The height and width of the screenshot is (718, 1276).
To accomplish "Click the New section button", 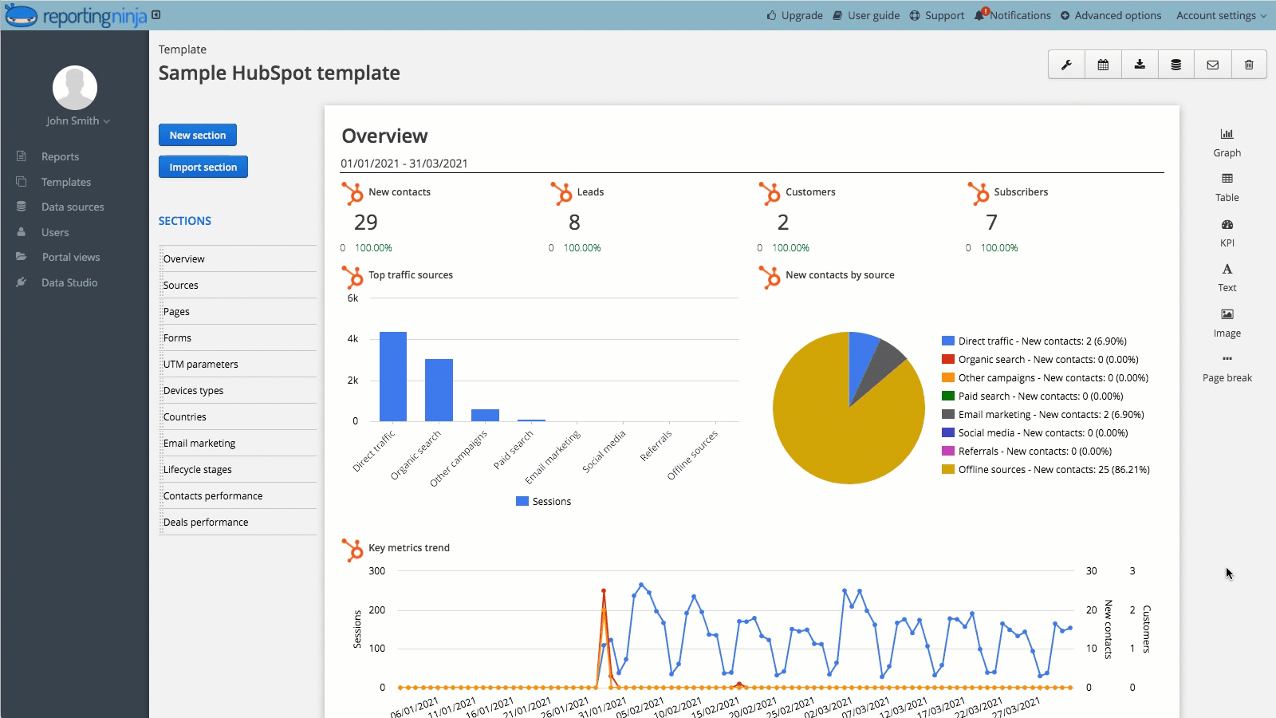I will pos(197,135).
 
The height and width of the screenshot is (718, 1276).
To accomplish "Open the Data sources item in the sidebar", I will pos(73,207).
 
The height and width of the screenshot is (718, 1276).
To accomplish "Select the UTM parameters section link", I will pos(201,364).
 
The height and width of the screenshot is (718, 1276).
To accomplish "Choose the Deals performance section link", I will pos(206,522).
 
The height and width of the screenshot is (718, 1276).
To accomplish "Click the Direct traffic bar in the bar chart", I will pos(393,377).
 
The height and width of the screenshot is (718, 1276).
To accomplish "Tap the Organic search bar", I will pos(439,390).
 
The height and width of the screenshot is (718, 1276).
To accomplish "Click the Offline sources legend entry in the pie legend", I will pos(1053,469).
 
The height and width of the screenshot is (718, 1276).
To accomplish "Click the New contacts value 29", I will pos(366,223).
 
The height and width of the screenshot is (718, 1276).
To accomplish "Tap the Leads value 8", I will pos(574,223).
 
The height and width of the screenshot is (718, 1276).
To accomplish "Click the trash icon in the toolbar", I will pos(1249,65).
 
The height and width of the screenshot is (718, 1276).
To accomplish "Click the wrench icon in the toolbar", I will pos(1066,65).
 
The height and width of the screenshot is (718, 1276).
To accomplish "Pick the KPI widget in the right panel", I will pos(1227,232).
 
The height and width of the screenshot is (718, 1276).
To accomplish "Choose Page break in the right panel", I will pos(1227,368).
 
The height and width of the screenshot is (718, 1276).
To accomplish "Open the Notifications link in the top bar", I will pos(1019,15).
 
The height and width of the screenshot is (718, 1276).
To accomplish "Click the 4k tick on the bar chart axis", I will pos(352,339).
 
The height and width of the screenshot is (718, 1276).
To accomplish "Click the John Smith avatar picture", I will pos(75,88).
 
